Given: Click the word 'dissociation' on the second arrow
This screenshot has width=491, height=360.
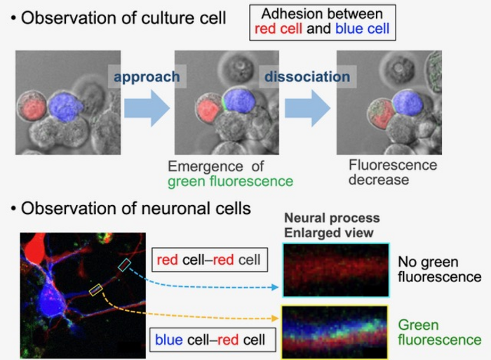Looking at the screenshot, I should click(306, 76).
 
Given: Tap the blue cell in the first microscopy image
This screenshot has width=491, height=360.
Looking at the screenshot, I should click(66, 107).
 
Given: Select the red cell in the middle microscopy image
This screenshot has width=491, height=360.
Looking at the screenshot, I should click(208, 110).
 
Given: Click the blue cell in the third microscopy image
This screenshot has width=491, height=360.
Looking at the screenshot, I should click(408, 103).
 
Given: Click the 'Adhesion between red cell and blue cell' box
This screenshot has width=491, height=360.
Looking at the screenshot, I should click(322, 22).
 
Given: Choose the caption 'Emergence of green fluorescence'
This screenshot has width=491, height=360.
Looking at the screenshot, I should click(230, 175).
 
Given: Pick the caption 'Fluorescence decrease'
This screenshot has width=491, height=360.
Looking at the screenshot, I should click(392, 173).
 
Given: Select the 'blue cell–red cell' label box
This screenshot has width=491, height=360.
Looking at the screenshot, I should click(210, 340).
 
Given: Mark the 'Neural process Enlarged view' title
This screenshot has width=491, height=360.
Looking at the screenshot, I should click(332, 225).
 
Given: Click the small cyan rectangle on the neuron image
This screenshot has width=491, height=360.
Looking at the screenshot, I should click(124, 264).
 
